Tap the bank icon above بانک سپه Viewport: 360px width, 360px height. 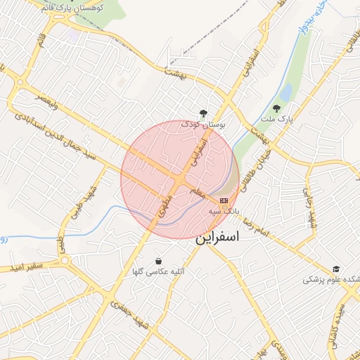pyautogui.click(x=214, y=201)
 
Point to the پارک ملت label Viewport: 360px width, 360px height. pyautogui.click(x=278, y=120)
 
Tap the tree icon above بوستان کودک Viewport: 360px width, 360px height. pyautogui.click(x=203, y=112)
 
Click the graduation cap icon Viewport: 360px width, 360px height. pyautogui.click(x=336, y=269)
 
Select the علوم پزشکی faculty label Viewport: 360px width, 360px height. pyautogui.click(x=331, y=280)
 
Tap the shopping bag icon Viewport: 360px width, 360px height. pyautogui.click(x=158, y=260)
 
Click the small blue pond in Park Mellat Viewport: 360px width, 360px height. pyautogui.click(x=286, y=91)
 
